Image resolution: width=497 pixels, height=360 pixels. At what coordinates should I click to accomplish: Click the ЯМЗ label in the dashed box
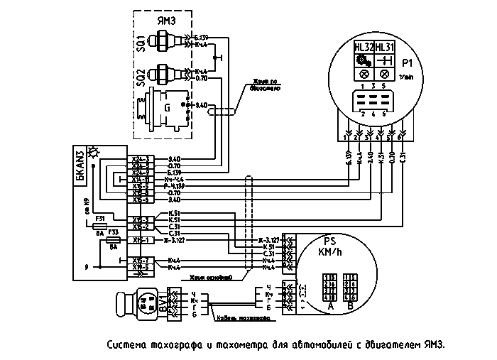coord(167,21)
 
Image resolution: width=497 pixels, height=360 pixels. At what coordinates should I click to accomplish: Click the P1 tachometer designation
coord(407,61)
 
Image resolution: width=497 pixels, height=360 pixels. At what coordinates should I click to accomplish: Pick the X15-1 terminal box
coord(139,240)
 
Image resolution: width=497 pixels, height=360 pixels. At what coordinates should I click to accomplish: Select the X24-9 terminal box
coord(139,172)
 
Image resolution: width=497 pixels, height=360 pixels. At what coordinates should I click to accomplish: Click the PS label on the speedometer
coord(329,240)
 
